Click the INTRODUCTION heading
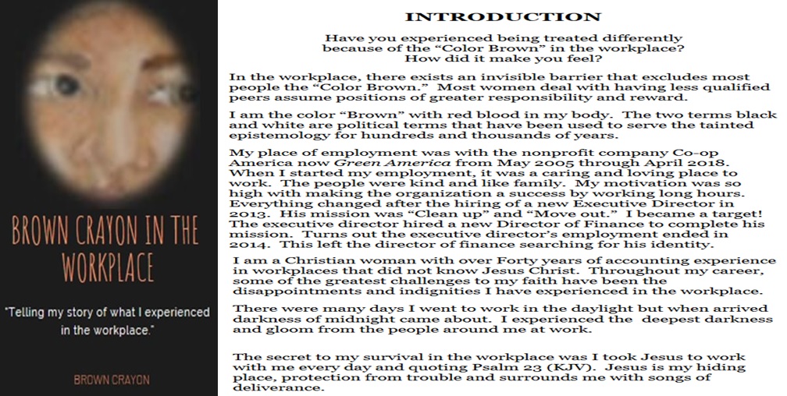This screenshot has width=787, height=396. point(503,17)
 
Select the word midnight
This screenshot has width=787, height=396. point(338,320)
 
